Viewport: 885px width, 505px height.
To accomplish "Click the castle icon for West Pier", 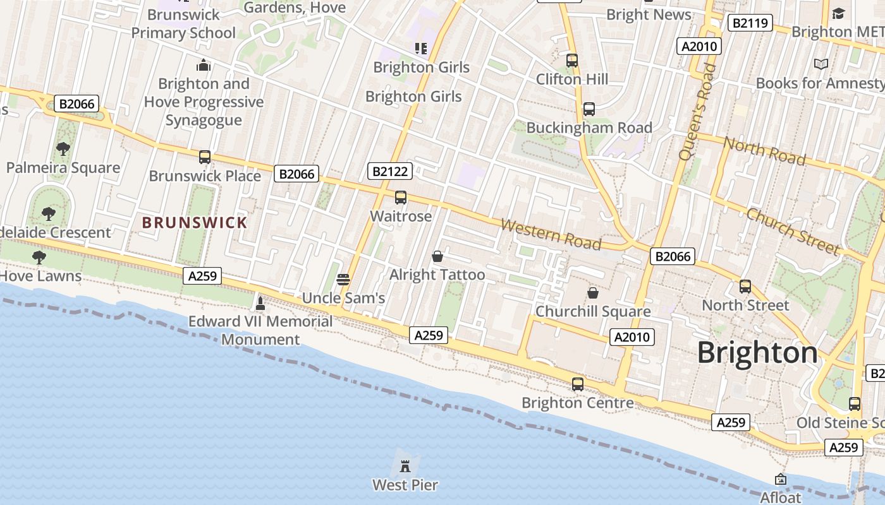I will pyautogui.click(x=405, y=466).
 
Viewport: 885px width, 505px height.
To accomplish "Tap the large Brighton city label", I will pyautogui.click(x=757, y=352).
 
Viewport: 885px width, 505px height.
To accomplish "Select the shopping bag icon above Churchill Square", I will pyautogui.click(x=593, y=293).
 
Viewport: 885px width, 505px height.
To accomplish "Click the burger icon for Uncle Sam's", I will pyautogui.click(x=343, y=279).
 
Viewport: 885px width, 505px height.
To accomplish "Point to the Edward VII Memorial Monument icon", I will pyautogui.click(x=260, y=303).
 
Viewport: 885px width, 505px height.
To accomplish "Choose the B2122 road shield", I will pyautogui.click(x=391, y=171).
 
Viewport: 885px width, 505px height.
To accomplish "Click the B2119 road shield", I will pyautogui.click(x=750, y=23).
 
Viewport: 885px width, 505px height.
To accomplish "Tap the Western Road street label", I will pyautogui.click(x=551, y=234).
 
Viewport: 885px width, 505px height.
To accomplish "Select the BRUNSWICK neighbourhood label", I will pyautogui.click(x=195, y=223).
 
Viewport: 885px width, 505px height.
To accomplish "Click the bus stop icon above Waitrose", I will pyautogui.click(x=401, y=198).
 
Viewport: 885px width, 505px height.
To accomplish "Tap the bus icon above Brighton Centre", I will pyautogui.click(x=578, y=384).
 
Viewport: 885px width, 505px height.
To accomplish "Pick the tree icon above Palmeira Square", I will pyautogui.click(x=63, y=149).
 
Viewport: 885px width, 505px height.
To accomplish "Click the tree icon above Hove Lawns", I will pyautogui.click(x=39, y=258).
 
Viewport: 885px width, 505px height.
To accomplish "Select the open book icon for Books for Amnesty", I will pyautogui.click(x=821, y=64).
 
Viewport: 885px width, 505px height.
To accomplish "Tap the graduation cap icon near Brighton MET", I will pyautogui.click(x=838, y=13).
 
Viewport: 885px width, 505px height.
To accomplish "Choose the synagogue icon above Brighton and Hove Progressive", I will pyautogui.click(x=204, y=65).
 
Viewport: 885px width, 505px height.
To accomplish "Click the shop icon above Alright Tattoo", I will pyautogui.click(x=437, y=256).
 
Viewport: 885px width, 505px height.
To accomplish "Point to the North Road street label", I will pyautogui.click(x=764, y=150).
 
